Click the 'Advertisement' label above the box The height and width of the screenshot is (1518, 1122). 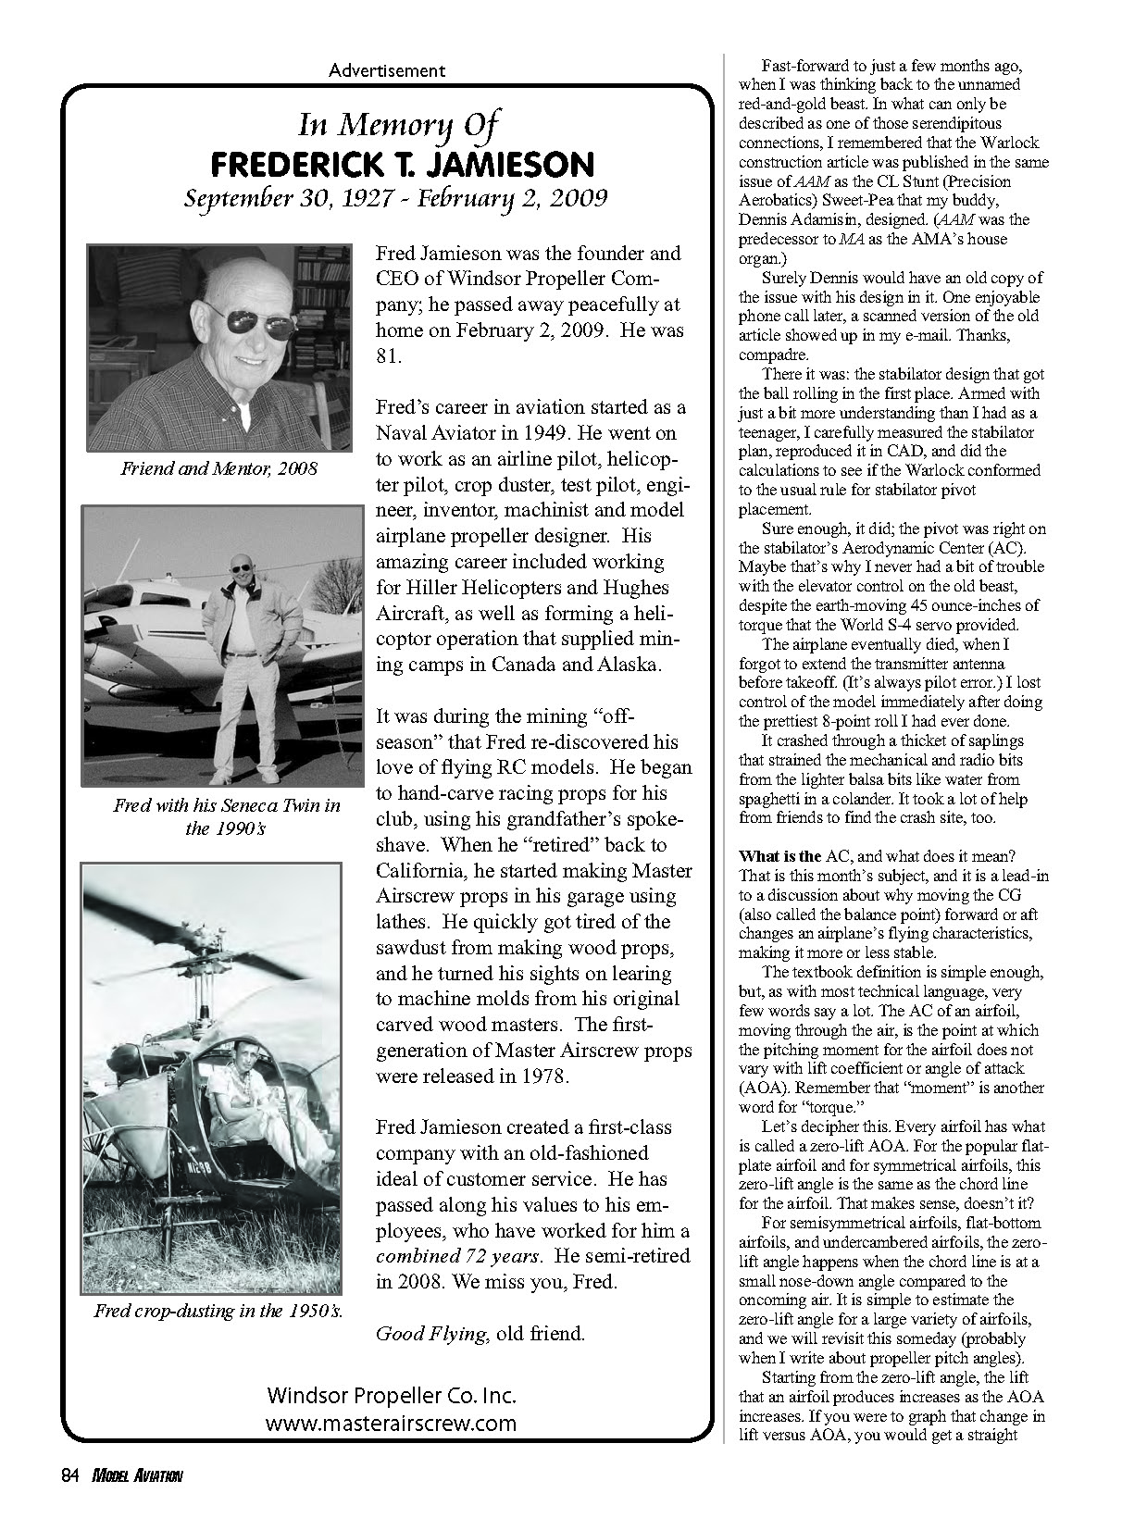(387, 69)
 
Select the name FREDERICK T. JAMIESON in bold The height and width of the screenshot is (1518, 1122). (401, 165)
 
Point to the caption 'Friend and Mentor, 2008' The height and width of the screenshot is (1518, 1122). (219, 468)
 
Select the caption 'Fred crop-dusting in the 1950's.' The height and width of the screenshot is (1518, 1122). (218, 1311)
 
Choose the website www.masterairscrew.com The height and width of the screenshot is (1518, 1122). (391, 1423)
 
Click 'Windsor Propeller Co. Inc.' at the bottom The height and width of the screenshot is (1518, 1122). (392, 1396)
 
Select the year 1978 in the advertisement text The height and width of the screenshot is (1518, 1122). (538, 1076)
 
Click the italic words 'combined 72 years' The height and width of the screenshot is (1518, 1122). (455, 1256)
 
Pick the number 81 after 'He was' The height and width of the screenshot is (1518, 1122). (388, 356)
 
